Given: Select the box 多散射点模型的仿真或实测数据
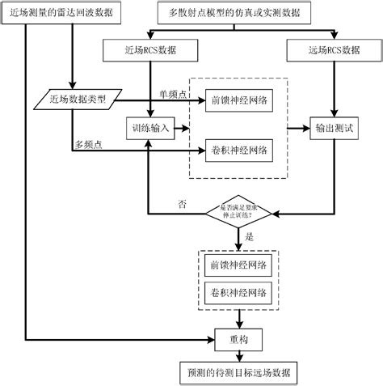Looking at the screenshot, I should click(258, 14).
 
